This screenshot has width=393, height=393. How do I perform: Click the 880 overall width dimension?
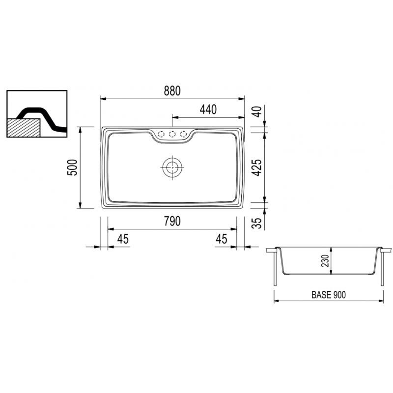(x=172, y=91)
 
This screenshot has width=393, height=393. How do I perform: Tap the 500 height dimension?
(x=72, y=168)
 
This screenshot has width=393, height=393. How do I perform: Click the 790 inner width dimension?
(x=172, y=221)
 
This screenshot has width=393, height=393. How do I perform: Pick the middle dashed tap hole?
(x=172, y=134)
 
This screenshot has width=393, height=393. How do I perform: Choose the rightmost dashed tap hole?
(x=183, y=134)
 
